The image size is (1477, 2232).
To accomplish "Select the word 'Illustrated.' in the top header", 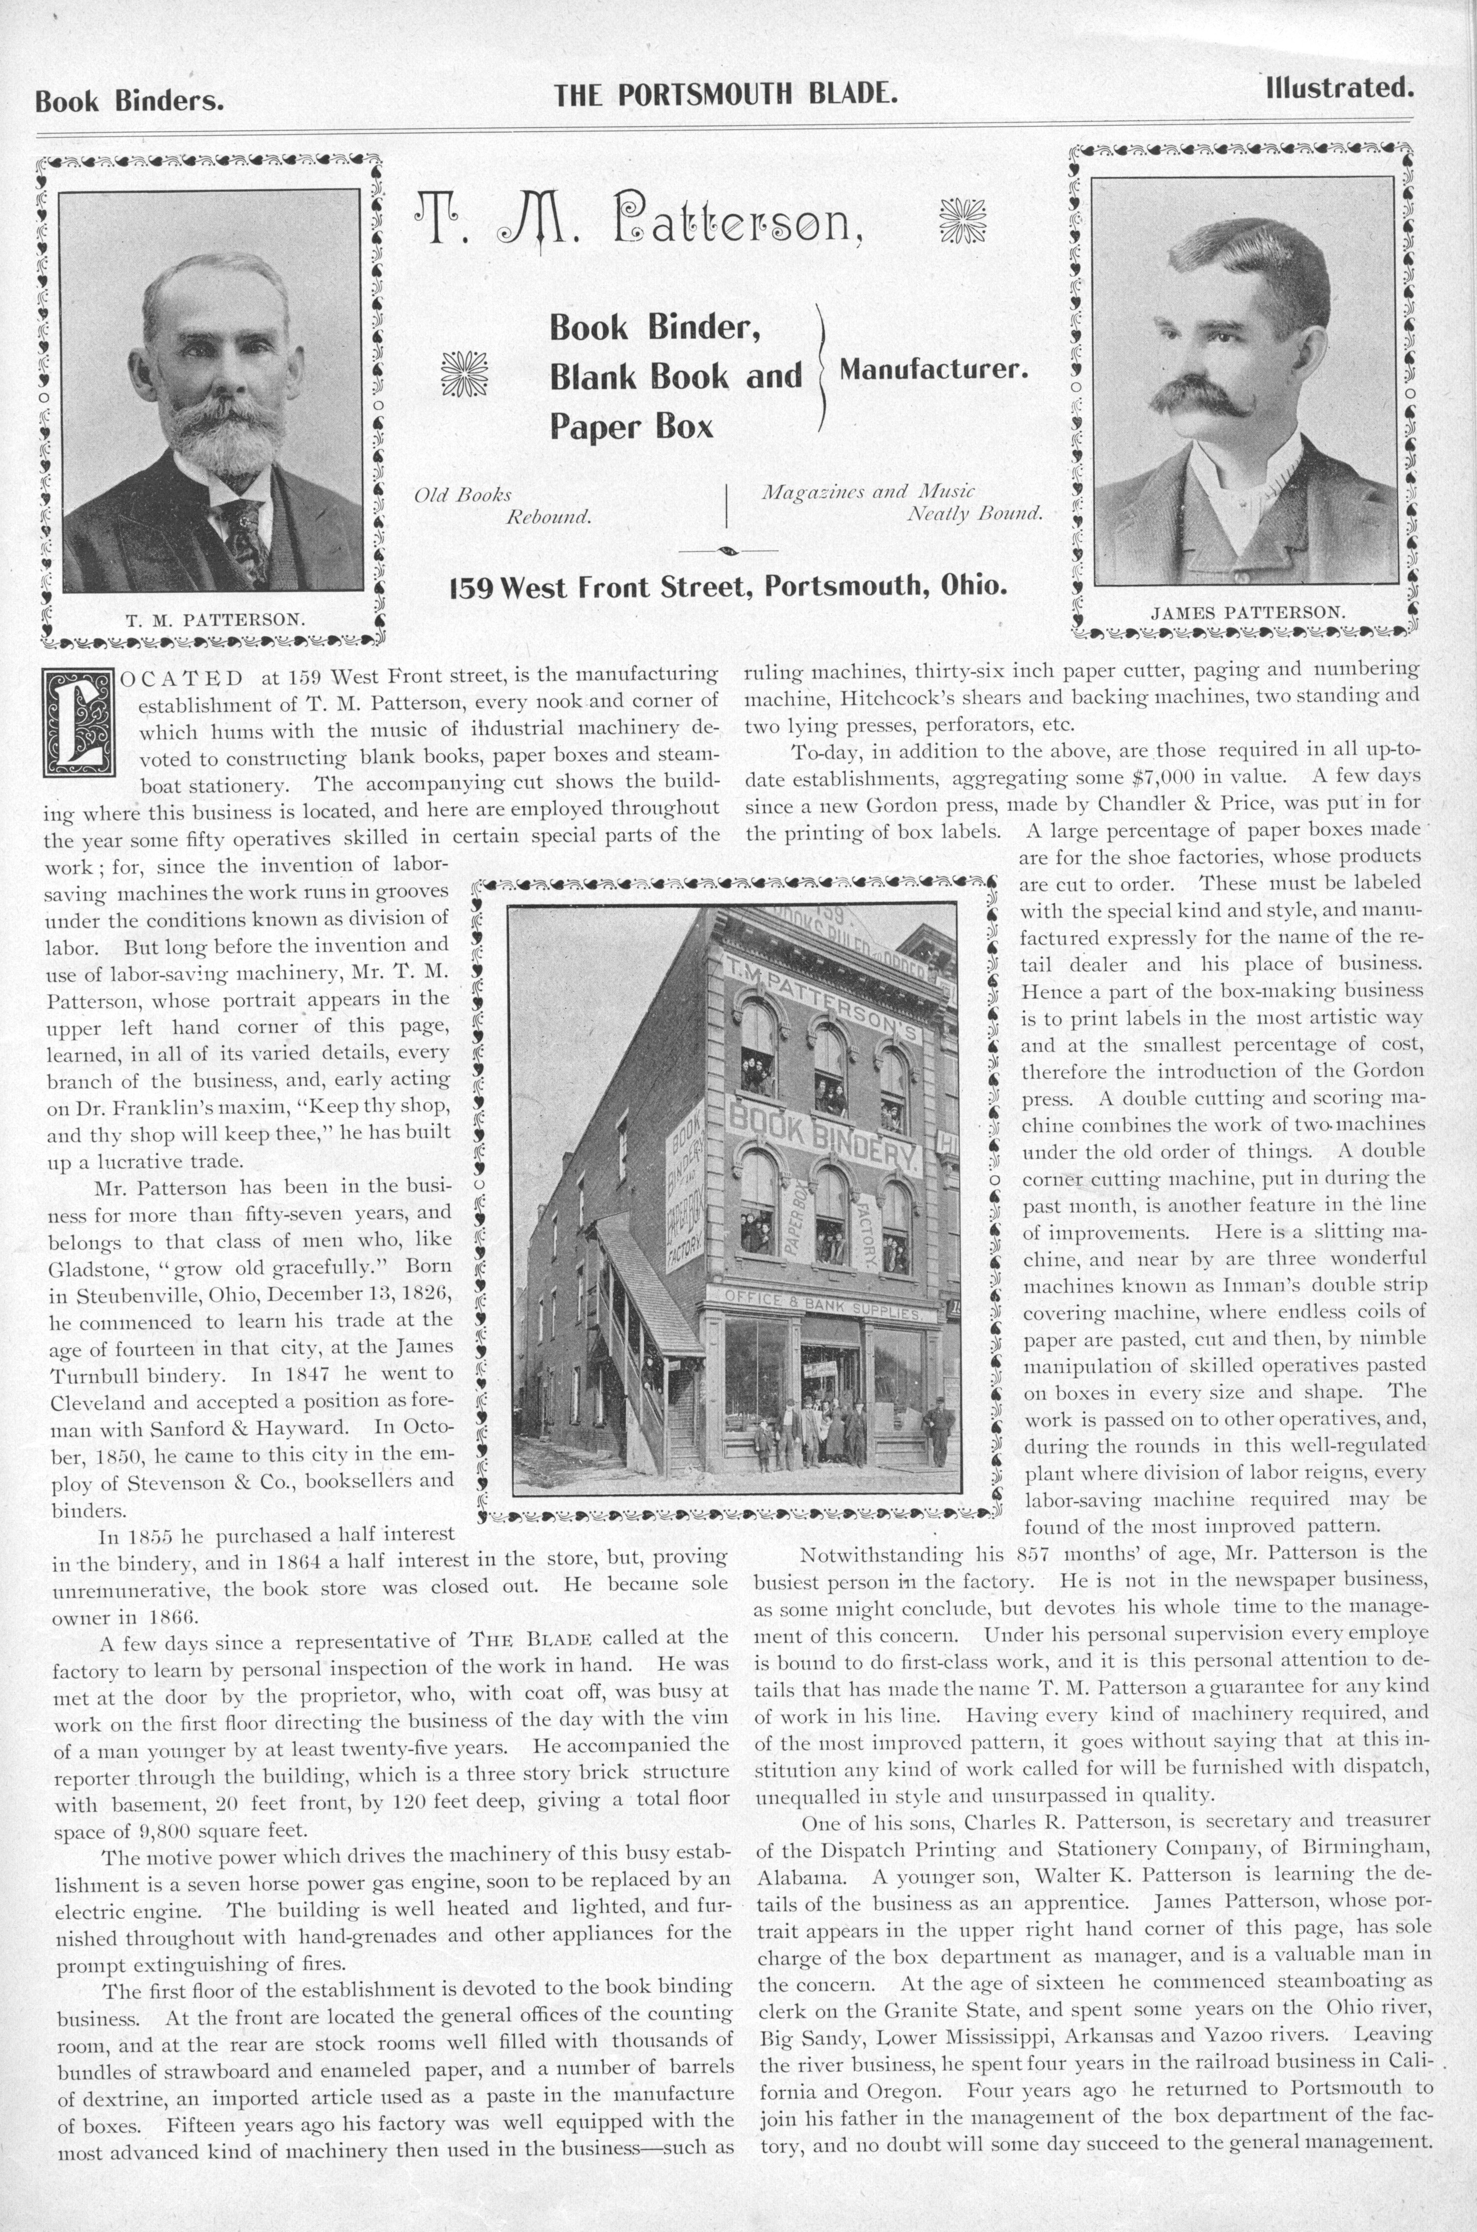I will pyautogui.click(x=1339, y=88).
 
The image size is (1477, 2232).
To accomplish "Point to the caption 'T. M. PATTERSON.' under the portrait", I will pyautogui.click(x=215, y=620).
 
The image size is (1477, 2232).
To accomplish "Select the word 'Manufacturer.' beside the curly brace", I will pyautogui.click(x=932, y=370).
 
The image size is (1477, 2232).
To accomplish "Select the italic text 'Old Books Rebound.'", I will pyautogui.click(x=502, y=506).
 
